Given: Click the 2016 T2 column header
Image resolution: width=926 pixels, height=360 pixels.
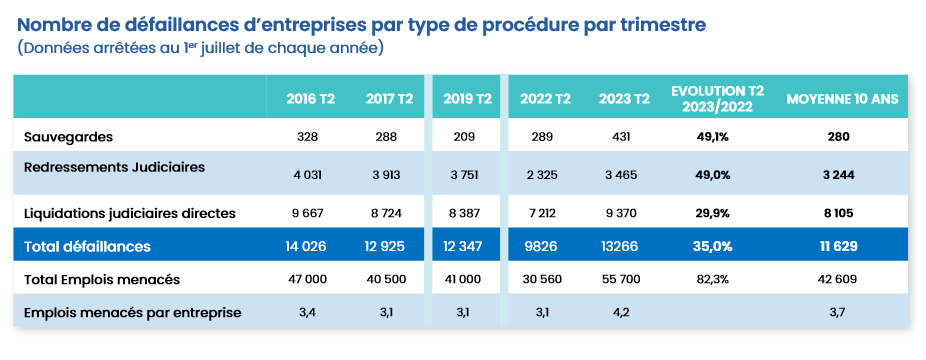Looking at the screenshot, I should pos(310,99).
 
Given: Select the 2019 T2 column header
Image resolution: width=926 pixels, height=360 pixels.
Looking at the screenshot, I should pos(467,99).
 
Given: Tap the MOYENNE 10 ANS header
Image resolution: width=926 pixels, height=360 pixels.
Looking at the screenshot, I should pos(842,99).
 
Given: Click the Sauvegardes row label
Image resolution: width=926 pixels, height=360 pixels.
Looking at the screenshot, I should pos(68,135).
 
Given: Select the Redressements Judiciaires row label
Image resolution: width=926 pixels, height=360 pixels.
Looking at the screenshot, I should pos(114,167).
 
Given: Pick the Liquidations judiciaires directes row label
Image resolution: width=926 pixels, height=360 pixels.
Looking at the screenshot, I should pos(129,212).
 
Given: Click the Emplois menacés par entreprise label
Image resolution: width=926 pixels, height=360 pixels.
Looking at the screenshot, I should pos(132,313).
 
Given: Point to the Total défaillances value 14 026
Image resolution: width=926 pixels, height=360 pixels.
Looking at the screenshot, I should pos(310,245).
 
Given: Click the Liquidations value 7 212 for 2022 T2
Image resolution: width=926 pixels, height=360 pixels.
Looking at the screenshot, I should pos(545,212).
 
